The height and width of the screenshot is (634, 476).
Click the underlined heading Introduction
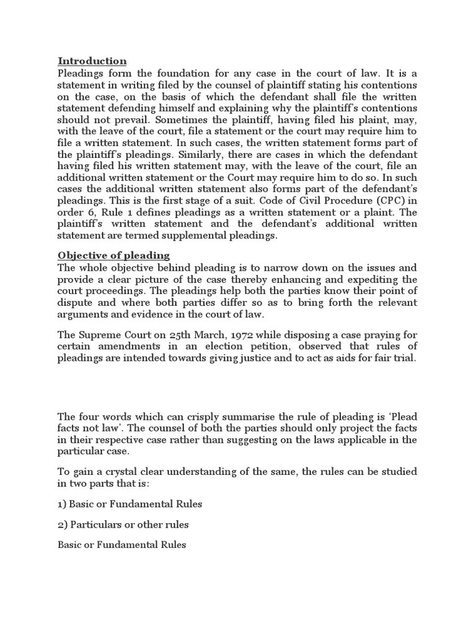coord(92,61)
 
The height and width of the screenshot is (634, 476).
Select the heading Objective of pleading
coord(113,255)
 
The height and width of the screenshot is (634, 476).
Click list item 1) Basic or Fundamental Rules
coord(130,504)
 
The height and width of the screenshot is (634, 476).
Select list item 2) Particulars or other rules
coord(123,524)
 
